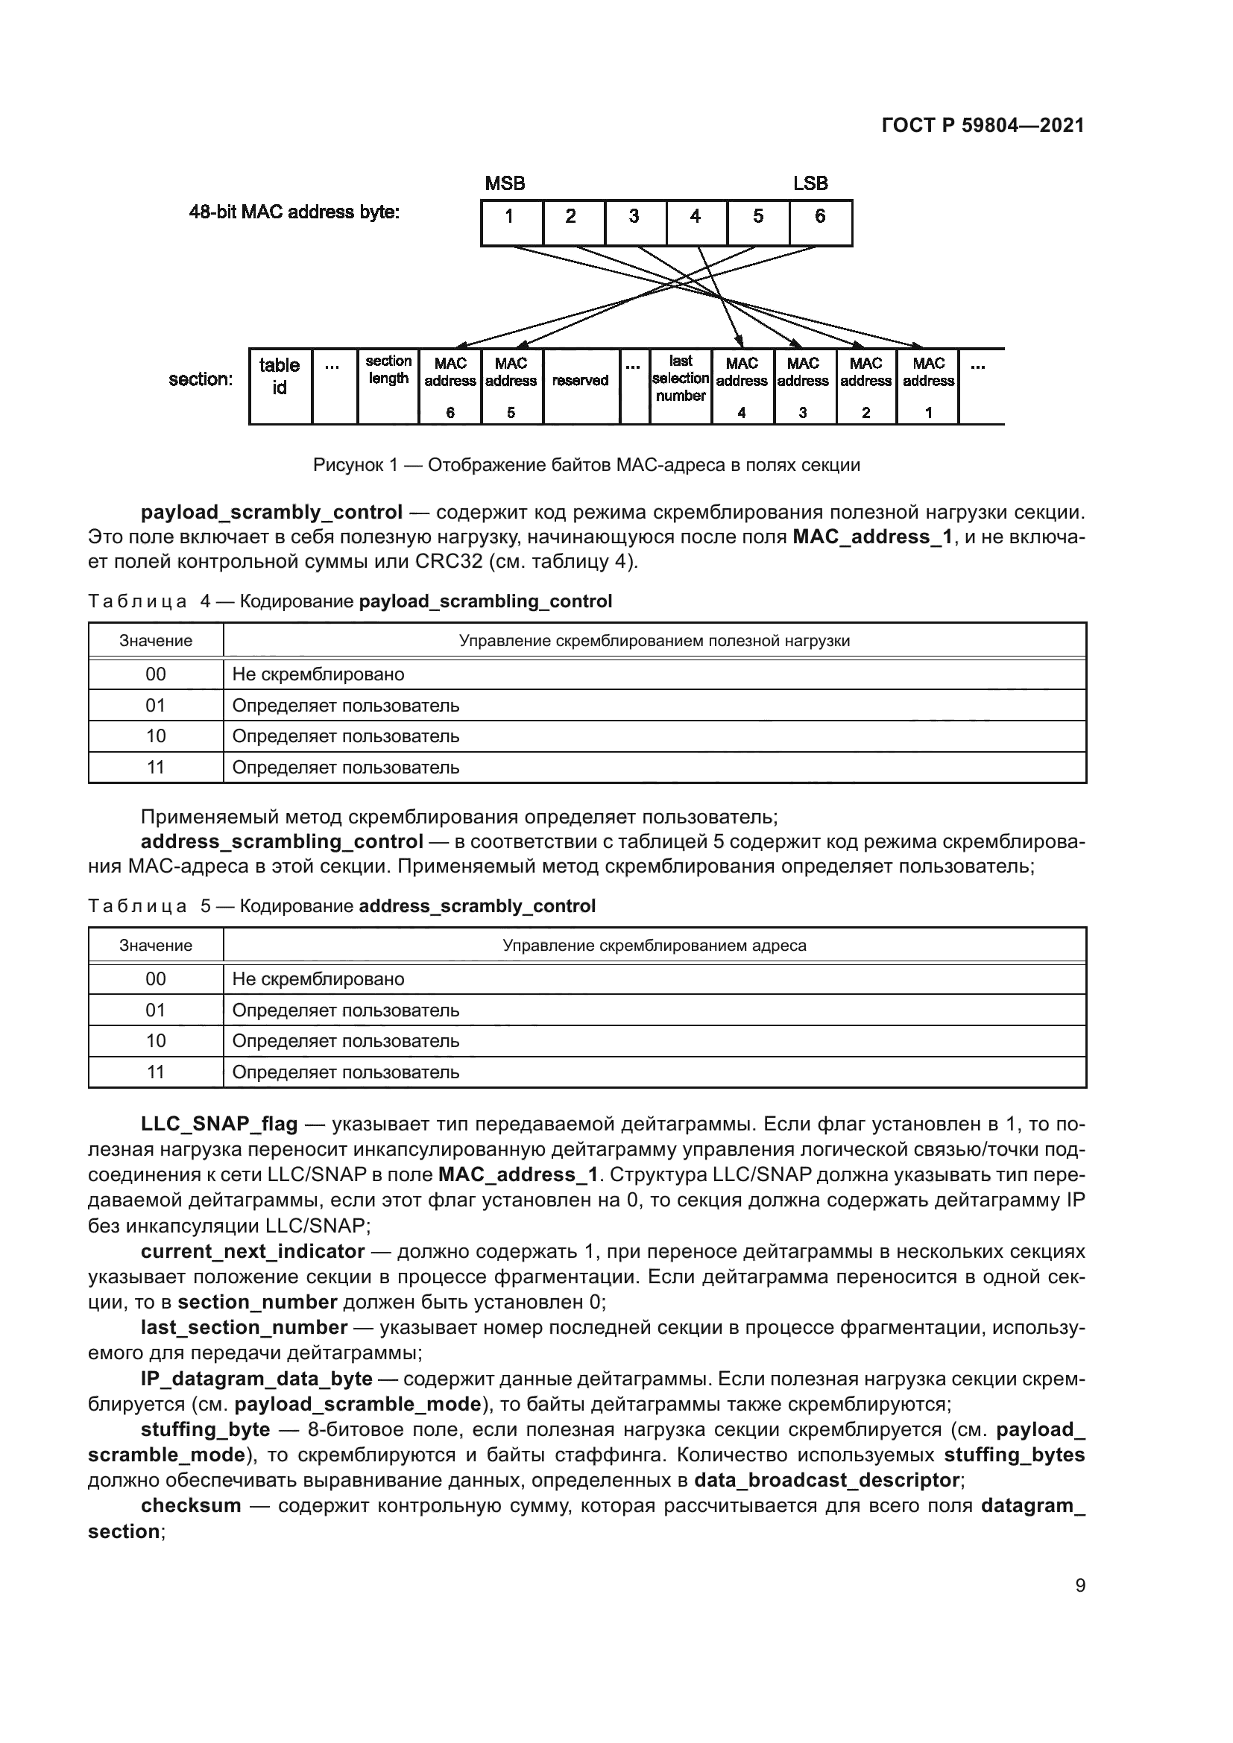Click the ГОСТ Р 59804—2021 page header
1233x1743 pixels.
coord(983,126)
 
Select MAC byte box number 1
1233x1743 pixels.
coord(511,222)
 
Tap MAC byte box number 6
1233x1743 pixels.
coord(820,222)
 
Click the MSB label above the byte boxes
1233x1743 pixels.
coord(505,184)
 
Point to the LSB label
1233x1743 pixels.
coord(810,184)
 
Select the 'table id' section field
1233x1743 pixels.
coord(280,386)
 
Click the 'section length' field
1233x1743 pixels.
coord(388,386)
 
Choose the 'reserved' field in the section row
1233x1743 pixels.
coord(581,386)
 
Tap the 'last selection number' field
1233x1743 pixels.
coord(681,386)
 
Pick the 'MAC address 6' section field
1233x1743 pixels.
coord(450,386)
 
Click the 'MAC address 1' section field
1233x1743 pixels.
coord(928,386)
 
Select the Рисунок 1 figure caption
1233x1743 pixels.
coord(586,465)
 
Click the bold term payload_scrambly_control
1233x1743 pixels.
coord(271,513)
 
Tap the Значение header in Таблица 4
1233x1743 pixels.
coord(156,641)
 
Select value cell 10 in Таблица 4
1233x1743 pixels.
coord(156,736)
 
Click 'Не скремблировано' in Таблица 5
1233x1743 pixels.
coord(318,979)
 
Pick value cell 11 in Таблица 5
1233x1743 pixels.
coord(156,1072)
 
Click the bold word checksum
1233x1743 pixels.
coord(191,1505)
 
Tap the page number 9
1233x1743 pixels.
coord(1079,1586)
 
